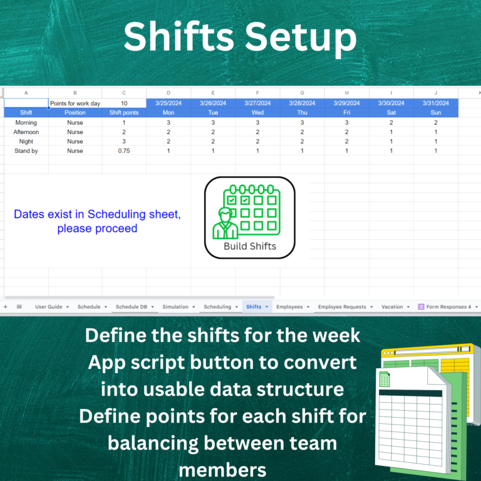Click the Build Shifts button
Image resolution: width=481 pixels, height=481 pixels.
tap(250, 217)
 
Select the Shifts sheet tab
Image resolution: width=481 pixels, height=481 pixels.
tap(257, 307)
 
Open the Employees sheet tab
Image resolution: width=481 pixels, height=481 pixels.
tap(293, 307)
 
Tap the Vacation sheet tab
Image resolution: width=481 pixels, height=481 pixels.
tap(395, 307)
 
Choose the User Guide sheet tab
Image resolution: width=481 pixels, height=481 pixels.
tap(52, 307)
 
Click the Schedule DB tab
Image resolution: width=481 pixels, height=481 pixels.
tap(135, 307)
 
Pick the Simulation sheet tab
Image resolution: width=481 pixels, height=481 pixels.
tap(178, 307)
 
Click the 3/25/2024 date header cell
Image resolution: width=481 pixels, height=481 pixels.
tap(168, 103)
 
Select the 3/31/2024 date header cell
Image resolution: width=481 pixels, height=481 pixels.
tap(436, 103)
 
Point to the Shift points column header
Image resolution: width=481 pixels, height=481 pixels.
tap(124, 113)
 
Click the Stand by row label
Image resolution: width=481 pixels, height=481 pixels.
tap(26, 151)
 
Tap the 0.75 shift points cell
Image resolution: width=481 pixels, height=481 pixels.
tap(124, 151)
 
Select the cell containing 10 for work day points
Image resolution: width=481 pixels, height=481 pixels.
tap(124, 103)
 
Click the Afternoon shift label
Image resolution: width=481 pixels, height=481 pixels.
tap(26, 132)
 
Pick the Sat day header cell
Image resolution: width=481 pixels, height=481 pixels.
tap(391, 113)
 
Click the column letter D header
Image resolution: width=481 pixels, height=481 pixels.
tap(168, 93)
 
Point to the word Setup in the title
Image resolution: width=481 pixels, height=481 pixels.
tap(301, 38)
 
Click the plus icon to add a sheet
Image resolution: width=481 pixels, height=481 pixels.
tap(6, 307)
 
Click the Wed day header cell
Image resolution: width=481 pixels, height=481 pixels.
tap(257, 113)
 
